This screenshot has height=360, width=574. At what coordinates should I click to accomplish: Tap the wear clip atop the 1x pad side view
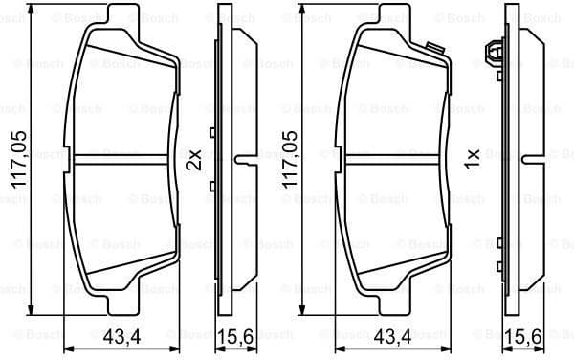[496, 54]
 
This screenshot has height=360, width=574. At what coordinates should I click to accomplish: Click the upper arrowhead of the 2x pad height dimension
[32, 11]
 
